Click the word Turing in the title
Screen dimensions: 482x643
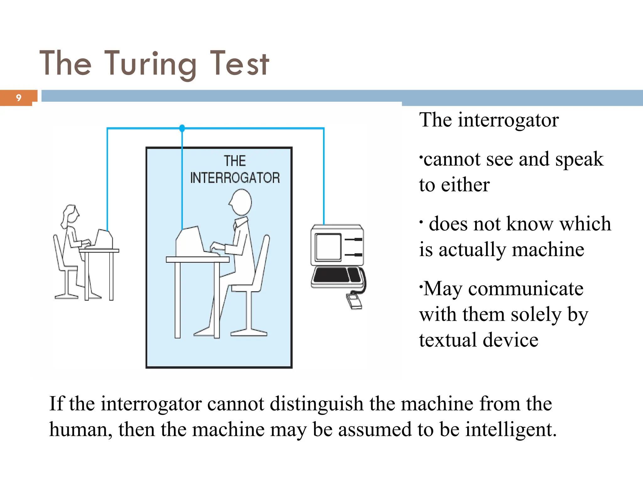tap(150, 64)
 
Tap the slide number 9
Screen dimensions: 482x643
tap(19, 98)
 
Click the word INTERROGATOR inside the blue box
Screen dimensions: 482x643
tap(235, 178)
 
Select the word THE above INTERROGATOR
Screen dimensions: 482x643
tap(235, 161)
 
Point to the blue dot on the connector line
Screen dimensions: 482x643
tap(182, 128)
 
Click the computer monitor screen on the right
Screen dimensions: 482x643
tap(328, 247)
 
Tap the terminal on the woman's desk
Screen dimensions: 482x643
tap(104, 239)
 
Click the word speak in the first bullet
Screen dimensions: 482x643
tap(579, 159)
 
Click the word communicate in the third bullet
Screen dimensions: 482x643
tap(526, 289)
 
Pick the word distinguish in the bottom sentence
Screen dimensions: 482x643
tap(316, 404)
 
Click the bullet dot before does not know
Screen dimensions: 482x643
tap(421, 222)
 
